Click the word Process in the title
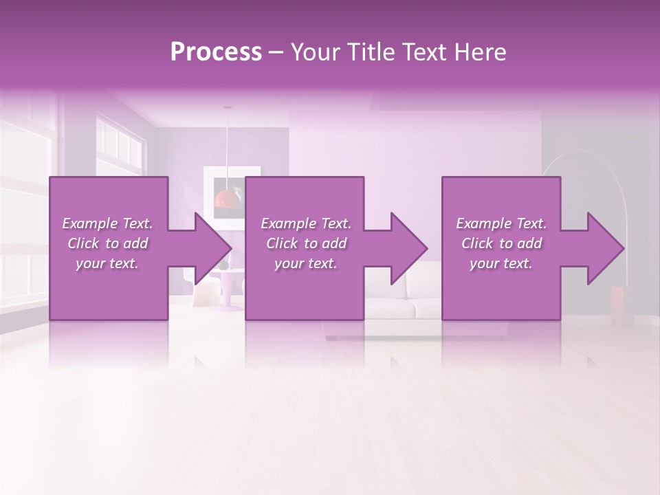point(216,52)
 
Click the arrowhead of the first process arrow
point(214,248)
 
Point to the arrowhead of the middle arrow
point(410,248)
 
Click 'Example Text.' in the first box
point(107,223)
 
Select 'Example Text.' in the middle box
point(306,223)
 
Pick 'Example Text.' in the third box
point(501,223)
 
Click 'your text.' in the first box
point(107,263)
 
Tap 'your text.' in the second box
point(306,263)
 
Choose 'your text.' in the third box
point(501,263)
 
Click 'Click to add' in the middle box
point(306,243)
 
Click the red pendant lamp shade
point(227,199)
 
